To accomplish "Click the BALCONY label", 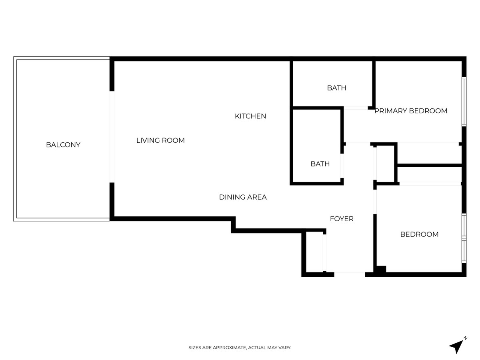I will [x=63, y=145].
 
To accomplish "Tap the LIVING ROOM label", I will [x=160, y=140].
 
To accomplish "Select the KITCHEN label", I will [x=250, y=116].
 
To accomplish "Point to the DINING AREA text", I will [x=243, y=197].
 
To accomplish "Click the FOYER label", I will [x=342, y=219].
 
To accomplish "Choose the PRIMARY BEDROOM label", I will [x=411, y=111].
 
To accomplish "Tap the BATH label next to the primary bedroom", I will [x=336, y=88].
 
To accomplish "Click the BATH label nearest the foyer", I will [x=320, y=164].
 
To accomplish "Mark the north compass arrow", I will [x=456, y=346].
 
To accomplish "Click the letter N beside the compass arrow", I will [x=465, y=338].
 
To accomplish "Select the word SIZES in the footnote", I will [x=195, y=348].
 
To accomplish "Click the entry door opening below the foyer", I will [x=349, y=274].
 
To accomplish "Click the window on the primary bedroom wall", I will [x=464, y=102].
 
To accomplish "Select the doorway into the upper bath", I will [x=356, y=108].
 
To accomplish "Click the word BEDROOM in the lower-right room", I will [x=419, y=234].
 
